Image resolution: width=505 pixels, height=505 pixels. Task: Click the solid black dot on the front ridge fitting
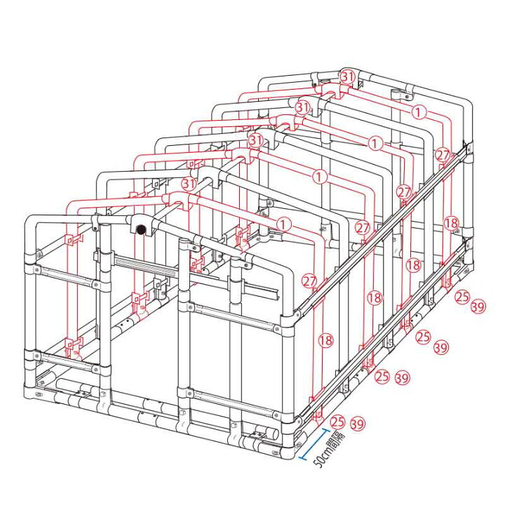coord(141,230)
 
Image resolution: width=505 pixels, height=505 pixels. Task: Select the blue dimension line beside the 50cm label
coord(315,444)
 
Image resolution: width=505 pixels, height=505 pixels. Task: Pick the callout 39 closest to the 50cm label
coord(358,424)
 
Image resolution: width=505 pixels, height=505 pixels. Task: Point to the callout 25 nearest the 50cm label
coord(337,422)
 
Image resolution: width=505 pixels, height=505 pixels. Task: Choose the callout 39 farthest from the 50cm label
coord(478,307)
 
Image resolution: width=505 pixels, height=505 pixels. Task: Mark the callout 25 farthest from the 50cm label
coord(462,296)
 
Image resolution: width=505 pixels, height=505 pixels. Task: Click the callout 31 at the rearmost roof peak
coord(348,76)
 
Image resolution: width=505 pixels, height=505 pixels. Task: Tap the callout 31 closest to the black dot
coord(189,184)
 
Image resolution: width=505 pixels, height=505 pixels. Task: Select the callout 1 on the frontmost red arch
coord(284,224)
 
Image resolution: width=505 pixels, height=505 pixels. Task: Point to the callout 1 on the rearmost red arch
coord(418,112)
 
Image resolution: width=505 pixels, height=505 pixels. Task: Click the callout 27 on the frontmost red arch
coord(309,281)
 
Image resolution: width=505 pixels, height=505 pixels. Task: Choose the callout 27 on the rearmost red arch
coord(443,155)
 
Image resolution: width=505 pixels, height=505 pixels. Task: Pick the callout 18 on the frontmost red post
coord(325,340)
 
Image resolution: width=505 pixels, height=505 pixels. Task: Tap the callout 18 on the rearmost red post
coord(451,223)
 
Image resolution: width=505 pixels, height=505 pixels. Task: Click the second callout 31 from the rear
coord(303,107)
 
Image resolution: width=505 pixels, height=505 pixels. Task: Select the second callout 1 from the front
coord(320,177)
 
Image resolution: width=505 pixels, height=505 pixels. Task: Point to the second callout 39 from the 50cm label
coord(403,377)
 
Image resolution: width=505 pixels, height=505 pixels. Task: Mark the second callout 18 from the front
coord(375,297)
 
